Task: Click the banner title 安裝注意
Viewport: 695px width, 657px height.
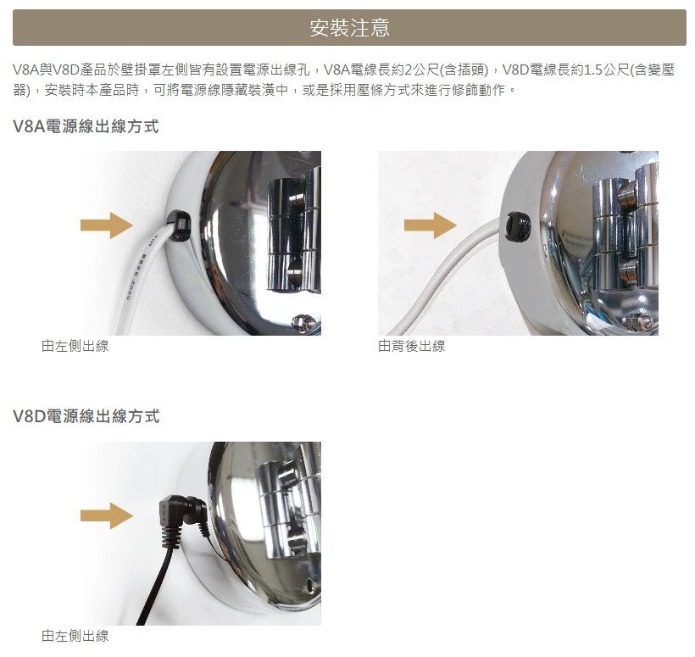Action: pos(349,27)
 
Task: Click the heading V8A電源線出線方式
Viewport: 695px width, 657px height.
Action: pos(86,126)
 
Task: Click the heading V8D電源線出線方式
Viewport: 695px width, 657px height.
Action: pos(86,416)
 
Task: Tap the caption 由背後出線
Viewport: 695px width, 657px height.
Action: pos(411,346)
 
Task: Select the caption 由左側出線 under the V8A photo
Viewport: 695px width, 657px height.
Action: pos(75,346)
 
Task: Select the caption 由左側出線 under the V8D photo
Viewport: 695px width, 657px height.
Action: pos(75,636)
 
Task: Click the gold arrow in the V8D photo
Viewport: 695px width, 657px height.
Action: pos(107,515)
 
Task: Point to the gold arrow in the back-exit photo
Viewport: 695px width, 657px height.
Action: pos(431,225)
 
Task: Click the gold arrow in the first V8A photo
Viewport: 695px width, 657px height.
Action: pos(107,225)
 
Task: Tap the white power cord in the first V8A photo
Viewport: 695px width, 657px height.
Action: pos(142,279)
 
